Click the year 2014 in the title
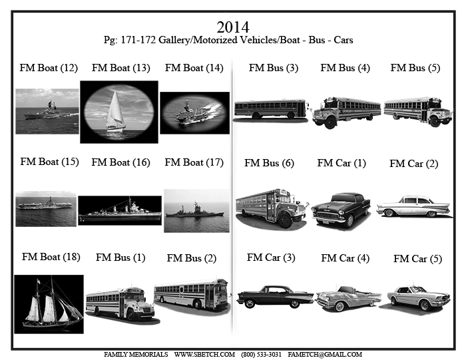tap(233, 27)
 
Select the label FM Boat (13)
tap(121, 68)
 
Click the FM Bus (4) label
tap(345, 68)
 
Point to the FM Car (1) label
tap(342, 164)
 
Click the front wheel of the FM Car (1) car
tap(349, 221)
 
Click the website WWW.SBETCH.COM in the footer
tap(204, 355)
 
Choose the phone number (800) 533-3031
tap(261, 355)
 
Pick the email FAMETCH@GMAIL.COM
tap(325, 355)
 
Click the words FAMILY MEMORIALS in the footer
tap(136, 355)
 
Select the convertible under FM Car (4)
tap(348, 298)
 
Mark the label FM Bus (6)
tap(269, 164)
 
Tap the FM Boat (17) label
tap(194, 163)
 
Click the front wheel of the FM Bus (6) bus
tap(286, 221)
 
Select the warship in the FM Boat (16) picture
tap(120, 211)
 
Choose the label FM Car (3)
tap(271, 258)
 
